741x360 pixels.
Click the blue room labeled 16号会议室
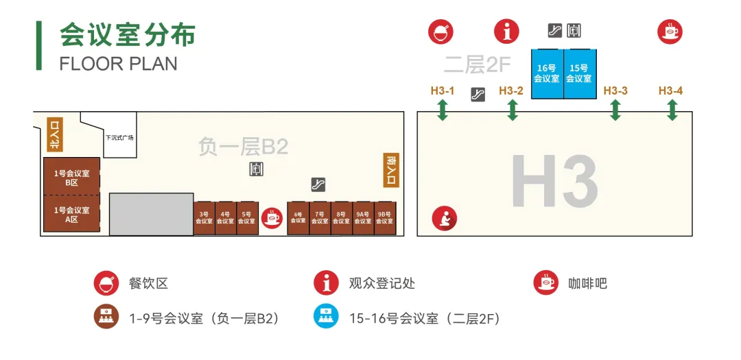coord(547,73)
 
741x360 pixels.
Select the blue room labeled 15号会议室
coord(579,73)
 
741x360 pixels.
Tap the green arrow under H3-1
coord(443,110)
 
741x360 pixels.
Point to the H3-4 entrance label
coord(670,91)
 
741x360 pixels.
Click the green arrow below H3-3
coord(615,110)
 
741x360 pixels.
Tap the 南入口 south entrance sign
coord(391,170)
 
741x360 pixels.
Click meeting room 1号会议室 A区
coord(71,215)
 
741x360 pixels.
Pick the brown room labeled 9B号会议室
coord(385,218)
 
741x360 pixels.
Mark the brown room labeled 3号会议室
coord(204,218)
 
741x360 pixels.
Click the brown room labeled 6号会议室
coord(298,218)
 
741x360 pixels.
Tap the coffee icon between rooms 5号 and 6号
coord(272,218)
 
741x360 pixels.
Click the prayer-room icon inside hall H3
coord(443,219)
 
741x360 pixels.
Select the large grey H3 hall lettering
coord(554,180)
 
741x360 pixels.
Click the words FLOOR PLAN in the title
coord(118,64)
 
